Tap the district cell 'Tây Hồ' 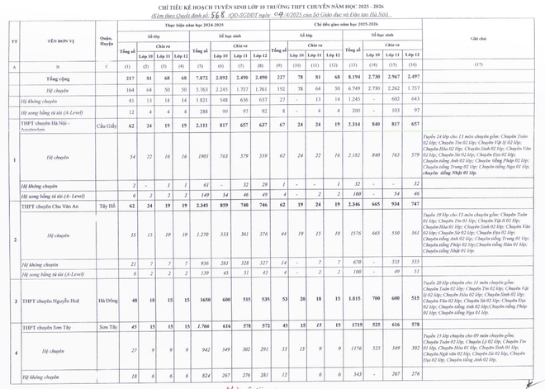point(105,204)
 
